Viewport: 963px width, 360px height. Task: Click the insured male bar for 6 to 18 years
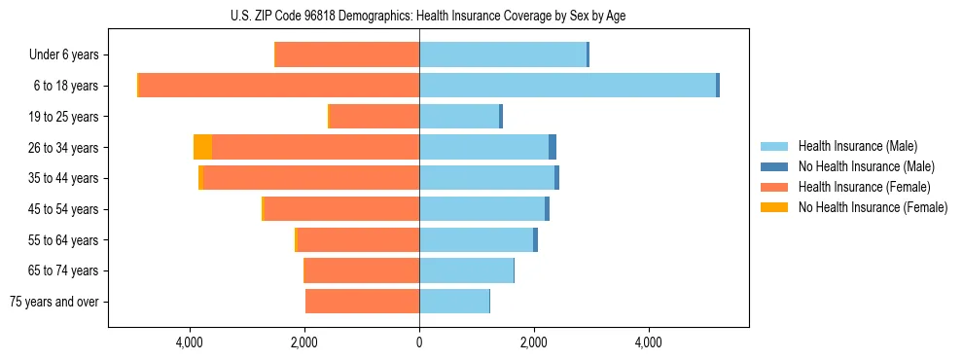tap(567, 86)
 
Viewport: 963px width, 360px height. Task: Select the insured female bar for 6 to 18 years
tap(279, 86)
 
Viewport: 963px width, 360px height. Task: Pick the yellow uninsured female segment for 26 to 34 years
tap(202, 147)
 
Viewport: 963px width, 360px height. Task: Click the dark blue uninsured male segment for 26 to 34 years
tap(553, 147)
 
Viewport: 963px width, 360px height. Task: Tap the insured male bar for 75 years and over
tap(454, 302)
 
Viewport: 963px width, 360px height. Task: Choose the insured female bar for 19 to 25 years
tap(374, 117)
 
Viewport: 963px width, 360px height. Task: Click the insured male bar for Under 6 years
tap(503, 54)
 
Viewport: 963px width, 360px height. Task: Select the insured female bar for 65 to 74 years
tap(362, 270)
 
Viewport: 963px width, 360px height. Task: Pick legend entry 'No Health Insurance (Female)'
tap(873, 207)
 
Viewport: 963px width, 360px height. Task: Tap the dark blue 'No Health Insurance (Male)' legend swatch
tap(774, 166)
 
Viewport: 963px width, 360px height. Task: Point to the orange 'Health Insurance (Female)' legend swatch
tap(774, 187)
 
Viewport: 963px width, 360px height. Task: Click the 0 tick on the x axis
tap(419, 342)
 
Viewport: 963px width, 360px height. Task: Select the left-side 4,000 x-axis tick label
tap(190, 342)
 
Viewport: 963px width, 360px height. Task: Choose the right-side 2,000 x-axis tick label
tap(533, 342)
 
